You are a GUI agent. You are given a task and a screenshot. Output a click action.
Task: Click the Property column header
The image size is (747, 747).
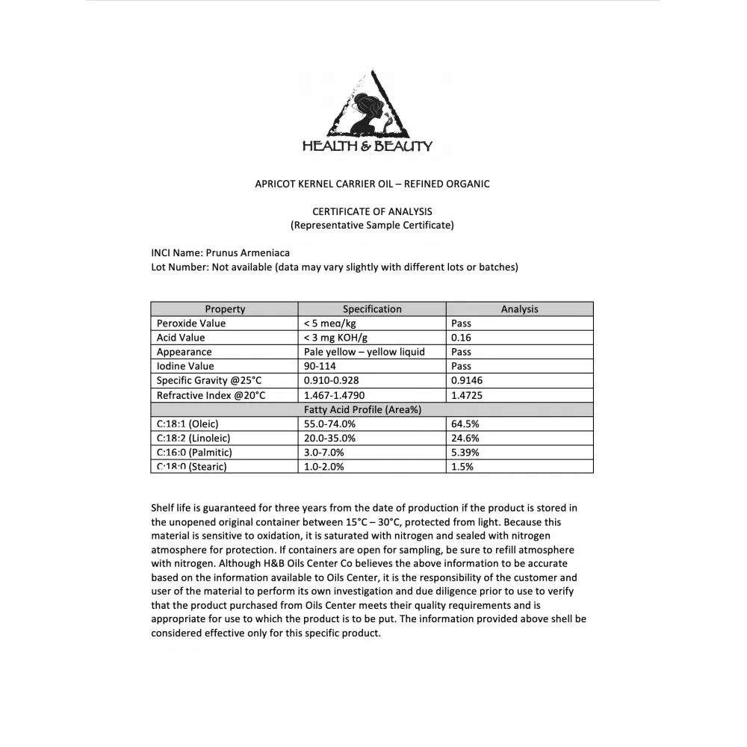tap(225, 309)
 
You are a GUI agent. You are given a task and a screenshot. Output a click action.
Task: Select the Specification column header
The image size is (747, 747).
tap(372, 309)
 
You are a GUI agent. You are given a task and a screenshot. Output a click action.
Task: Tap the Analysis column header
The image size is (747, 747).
tap(519, 309)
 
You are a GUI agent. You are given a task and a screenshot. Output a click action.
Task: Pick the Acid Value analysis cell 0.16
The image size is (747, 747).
tap(462, 338)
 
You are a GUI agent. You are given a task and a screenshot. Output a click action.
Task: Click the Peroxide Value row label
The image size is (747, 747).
tap(191, 323)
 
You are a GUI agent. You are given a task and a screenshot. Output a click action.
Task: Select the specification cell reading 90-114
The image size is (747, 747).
tap(321, 366)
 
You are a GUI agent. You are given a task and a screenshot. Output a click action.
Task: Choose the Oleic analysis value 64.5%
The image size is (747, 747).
tap(465, 424)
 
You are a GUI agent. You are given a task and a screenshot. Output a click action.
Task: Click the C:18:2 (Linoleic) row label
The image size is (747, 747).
tap(193, 438)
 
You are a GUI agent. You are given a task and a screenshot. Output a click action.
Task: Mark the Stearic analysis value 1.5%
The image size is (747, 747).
tap(462, 467)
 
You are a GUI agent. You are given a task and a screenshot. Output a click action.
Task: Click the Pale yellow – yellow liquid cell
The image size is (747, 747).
tap(365, 352)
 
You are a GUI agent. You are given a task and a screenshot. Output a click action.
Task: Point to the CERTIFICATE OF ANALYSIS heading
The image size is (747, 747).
tap(372, 211)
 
